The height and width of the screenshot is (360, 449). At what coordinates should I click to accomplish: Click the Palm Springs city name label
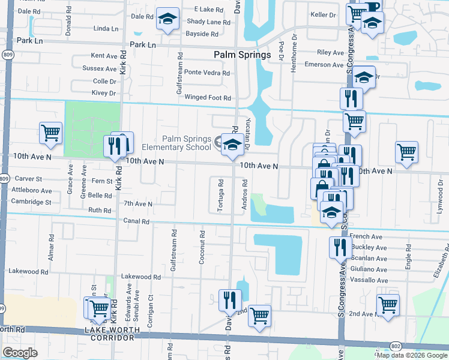point(243,55)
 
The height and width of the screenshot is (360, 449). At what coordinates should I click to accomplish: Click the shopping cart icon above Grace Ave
point(50,133)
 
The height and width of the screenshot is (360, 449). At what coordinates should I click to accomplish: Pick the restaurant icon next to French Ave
point(340,247)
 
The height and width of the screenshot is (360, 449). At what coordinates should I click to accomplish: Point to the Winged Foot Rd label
point(208,97)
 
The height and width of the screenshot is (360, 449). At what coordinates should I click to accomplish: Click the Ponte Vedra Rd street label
point(207,73)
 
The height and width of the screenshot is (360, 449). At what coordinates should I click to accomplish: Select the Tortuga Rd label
point(221,195)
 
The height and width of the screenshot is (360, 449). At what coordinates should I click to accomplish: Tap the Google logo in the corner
point(20,352)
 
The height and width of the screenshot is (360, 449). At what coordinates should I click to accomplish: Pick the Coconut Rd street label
point(202,247)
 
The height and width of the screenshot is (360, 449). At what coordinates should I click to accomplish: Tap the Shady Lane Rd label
point(208,22)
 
